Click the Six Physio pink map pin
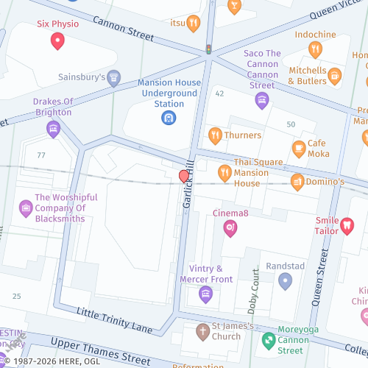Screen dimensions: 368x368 pyautogui.click(x=57, y=41)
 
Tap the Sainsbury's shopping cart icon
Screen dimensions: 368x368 pyautogui.click(x=113, y=77)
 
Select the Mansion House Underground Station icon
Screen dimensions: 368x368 pyautogui.click(x=169, y=117)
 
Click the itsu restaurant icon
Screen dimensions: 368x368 pyautogui.click(x=193, y=23)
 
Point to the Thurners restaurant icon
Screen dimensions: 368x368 pyautogui.click(x=215, y=135)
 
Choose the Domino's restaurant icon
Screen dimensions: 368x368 pyautogui.click(x=297, y=181)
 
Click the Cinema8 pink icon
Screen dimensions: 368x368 pyautogui.click(x=230, y=228)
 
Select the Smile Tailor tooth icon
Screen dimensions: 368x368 pyautogui.click(x=347, y=227)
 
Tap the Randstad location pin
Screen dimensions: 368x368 pyautogui.click(x=285, y=281)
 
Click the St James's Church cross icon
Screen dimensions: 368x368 pyautogui.click(x=202, y=331)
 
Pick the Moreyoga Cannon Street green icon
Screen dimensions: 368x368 pyautogui.click(x=269, y=340)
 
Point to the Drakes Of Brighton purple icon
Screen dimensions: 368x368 pyautogui.click(x=52, y=130)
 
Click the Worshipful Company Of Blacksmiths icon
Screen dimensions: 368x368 pyautogui.click(x=26, y=208)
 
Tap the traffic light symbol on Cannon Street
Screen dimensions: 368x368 pyautogui.click(x=208, y=50)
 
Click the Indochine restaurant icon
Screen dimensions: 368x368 pyautogui.click(x=315, y=49)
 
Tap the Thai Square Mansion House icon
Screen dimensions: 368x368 pyautogui.click(x=224, y=174)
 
